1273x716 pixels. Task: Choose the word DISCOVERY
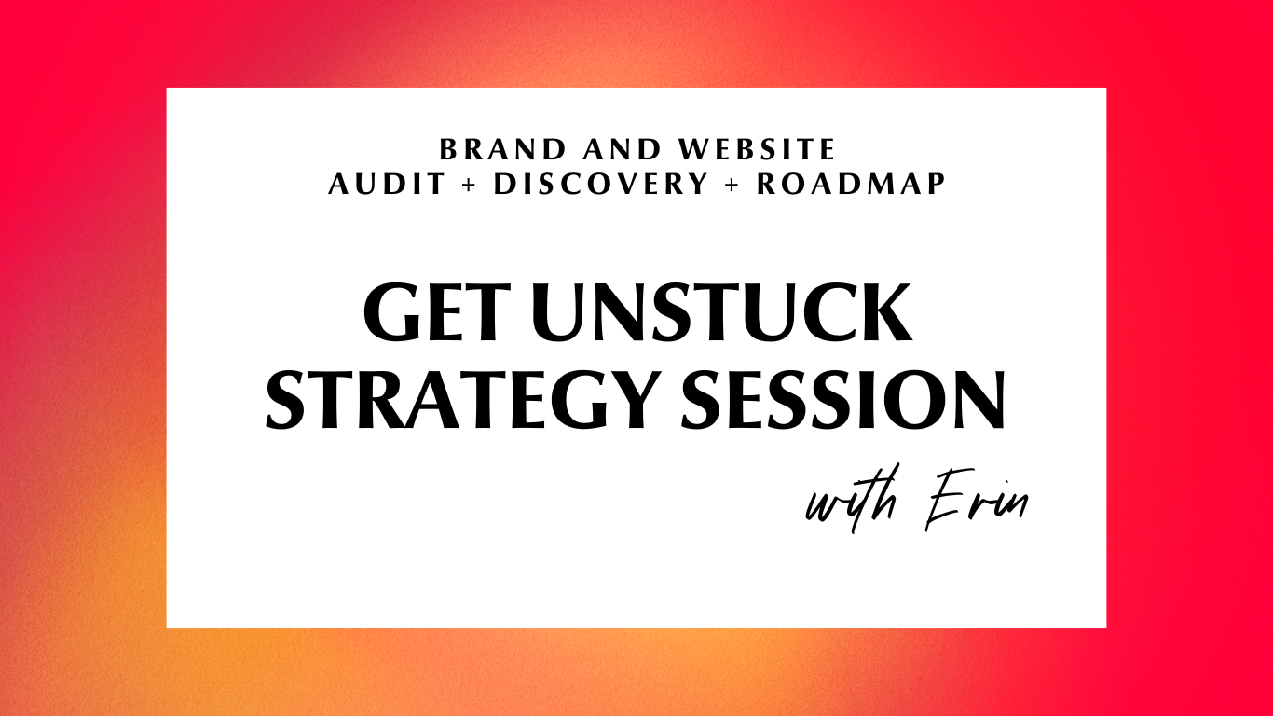pos(601,184)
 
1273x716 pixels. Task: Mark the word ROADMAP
pos(851,184)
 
